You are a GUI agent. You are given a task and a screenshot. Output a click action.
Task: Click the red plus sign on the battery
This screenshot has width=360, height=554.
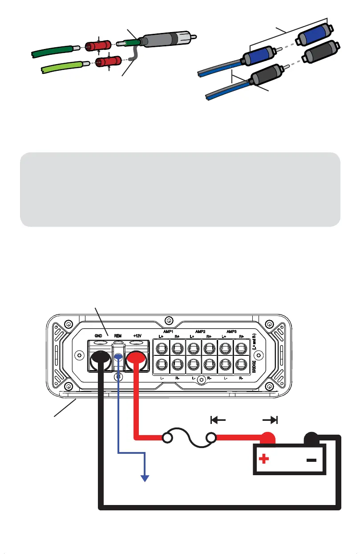coord(264,459)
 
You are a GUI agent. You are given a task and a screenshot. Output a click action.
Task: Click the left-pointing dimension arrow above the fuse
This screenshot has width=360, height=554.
coord(218,420)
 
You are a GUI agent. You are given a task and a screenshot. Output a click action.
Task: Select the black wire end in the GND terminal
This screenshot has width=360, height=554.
coord(101,357)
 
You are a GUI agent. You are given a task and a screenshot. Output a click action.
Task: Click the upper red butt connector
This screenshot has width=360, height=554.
coord(99,46)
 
